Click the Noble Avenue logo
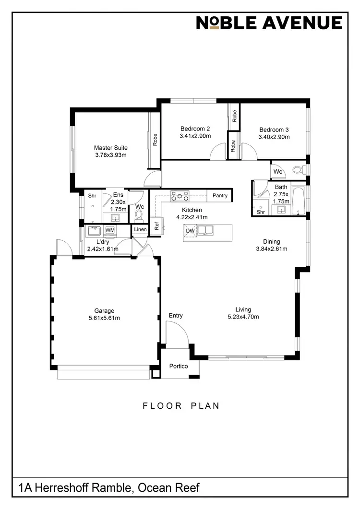[269, 23]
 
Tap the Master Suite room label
[111, 148]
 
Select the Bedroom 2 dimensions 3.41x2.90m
[195, 136]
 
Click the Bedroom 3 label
[274, 130]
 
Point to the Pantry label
[220, 196]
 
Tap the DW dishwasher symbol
[190, 231]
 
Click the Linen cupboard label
[140, 230]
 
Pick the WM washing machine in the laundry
[110, 231]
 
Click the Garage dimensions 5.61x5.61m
[104, 318]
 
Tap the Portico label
[178, 367]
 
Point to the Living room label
[243, 309]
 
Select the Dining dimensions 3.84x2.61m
[271, 249]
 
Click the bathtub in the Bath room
[298, 200]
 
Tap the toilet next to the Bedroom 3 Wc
[298, 170]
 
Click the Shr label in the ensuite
[92, 196]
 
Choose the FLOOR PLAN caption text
[181, 406]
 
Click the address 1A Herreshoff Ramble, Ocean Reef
[108, 488]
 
